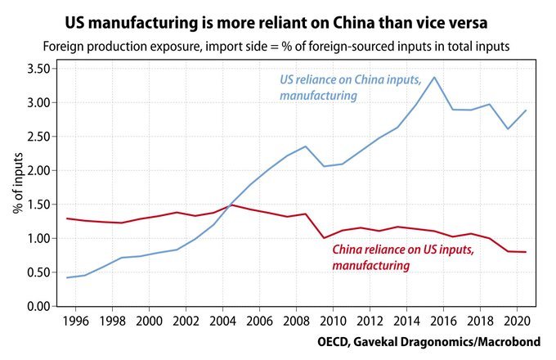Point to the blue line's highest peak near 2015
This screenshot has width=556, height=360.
(x=433, y=78)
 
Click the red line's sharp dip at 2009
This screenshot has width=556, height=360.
(x=325, y=238)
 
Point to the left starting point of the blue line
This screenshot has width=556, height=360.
(x=68, y=277)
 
